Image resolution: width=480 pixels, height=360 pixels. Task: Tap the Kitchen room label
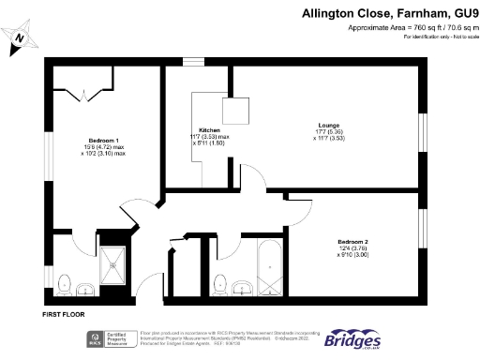(x=208, y=130)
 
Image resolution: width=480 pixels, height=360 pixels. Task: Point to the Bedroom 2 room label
(x=352, y=242)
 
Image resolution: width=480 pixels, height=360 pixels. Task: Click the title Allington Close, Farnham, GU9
(x=390, y=14)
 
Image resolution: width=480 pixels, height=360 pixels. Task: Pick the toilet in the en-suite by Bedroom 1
(x=64, y=282)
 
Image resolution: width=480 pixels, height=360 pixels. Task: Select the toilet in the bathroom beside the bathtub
(x=221, y=282)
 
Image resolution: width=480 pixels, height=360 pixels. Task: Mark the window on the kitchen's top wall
(x=194, y=63)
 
